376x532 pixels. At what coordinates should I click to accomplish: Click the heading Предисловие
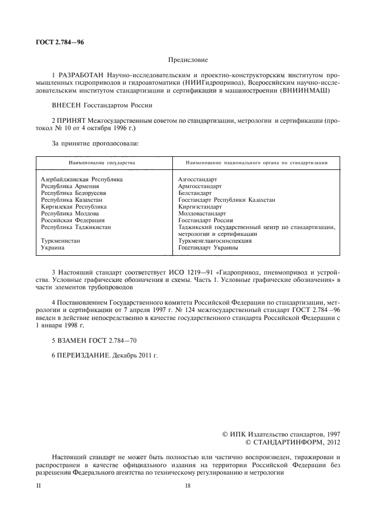click(x=188, y=59)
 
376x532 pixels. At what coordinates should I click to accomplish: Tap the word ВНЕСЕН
click(x=67, y=105)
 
